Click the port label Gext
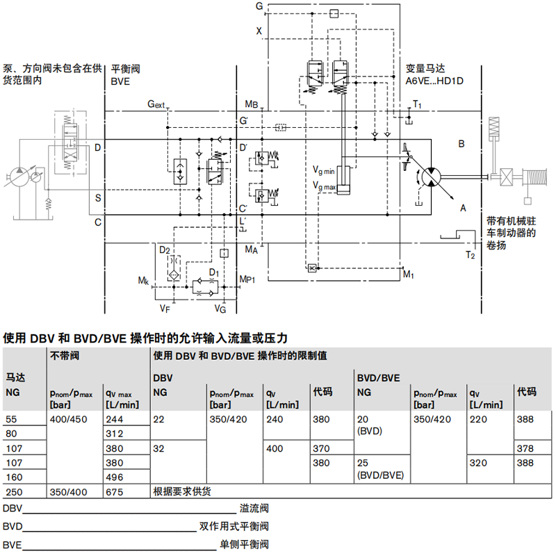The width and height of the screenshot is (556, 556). click(156, 105)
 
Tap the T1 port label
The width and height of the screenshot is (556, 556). click(417, 104)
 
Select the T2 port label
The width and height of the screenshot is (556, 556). click(471, 255)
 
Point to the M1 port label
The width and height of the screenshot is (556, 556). click(409, 275)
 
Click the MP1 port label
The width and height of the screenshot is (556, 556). click(248, 279)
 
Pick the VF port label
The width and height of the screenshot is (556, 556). click(164, 308)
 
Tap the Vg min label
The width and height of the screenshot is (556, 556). click(324, 170)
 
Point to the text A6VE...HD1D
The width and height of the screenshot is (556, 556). click(434, 81)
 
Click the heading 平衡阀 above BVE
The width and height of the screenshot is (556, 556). click(126, 69)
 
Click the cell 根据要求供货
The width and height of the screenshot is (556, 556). click(181, 491)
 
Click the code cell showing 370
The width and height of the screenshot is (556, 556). click(321, 448)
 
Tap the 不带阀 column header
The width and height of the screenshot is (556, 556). click(64, 355)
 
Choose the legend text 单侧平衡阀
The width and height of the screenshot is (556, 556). click(243, 544)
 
